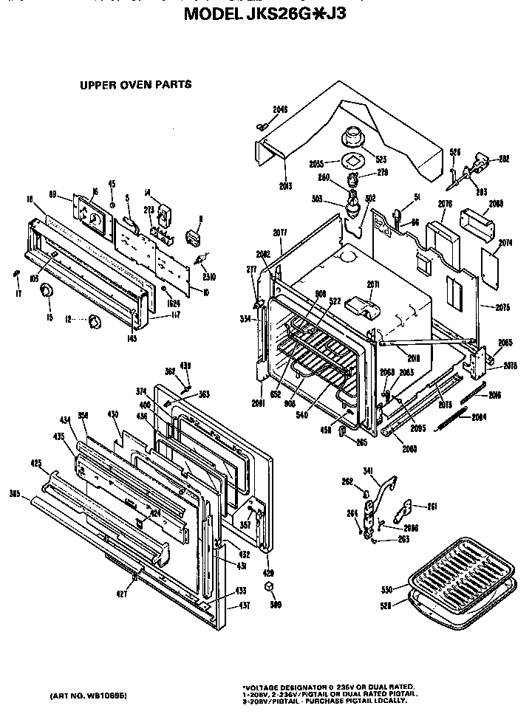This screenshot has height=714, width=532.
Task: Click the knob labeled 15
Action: [47, 289]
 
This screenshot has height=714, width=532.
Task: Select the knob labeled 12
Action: [94, 321]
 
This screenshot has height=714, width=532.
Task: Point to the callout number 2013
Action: [285, 185]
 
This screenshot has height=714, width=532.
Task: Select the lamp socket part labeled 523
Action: [353, 137]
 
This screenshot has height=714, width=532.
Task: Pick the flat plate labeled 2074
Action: [491, 260]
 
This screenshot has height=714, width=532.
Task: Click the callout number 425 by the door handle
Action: [35, 464]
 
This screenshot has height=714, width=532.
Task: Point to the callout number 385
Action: [14, 493]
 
